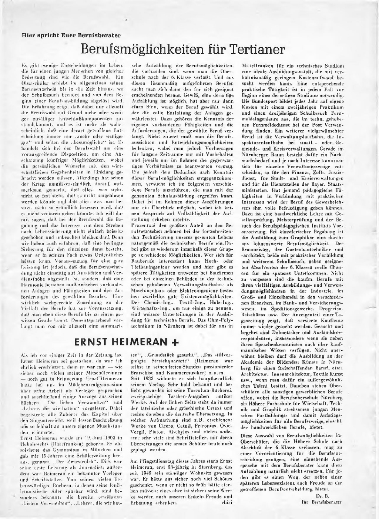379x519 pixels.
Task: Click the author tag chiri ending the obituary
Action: click(226, 503)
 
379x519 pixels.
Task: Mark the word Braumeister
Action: click(255, 249)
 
